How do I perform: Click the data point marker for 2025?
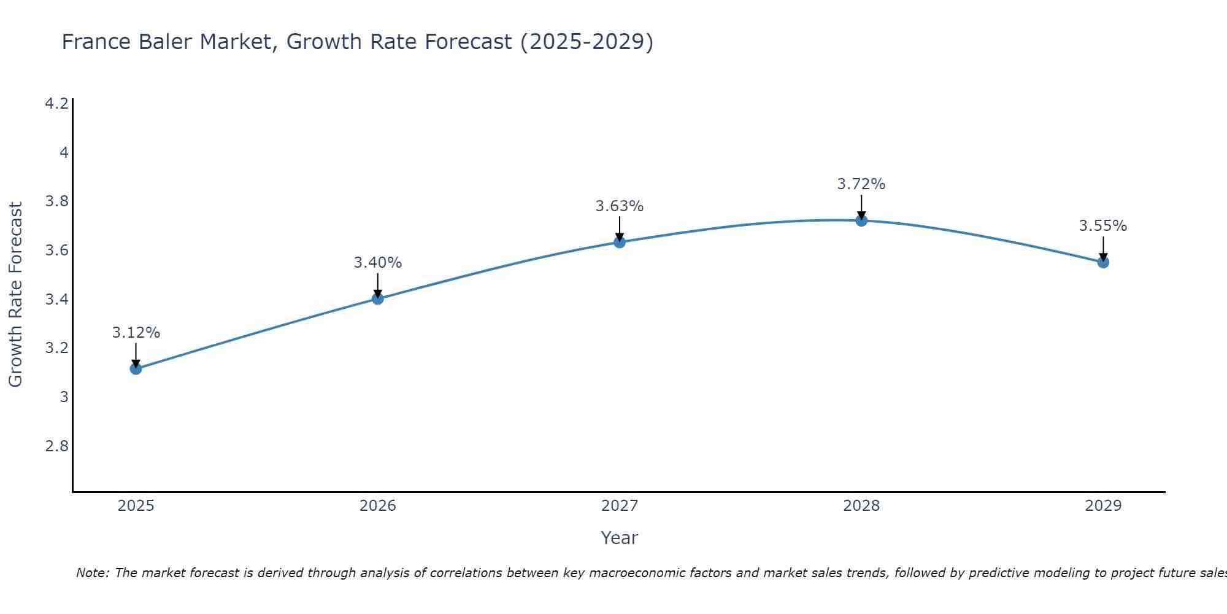coord(136,368)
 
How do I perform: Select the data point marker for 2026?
coord(378,298)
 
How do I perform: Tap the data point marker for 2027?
coord(620,242)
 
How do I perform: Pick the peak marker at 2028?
coord(861,220)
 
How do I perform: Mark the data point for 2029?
coord(1103,262)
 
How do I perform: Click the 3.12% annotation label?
coord(136,333)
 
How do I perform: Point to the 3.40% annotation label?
coord(378,263)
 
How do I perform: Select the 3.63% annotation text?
coord(620,206)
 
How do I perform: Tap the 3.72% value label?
coord(861,184)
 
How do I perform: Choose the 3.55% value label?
coord(1103,226)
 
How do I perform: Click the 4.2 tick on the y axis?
coord(57,104)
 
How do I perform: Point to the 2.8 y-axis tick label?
coord(57,446)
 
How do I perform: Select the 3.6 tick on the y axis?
coord(57,251)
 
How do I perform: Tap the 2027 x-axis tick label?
coord(620,506)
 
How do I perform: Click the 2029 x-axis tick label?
coord(1103,506)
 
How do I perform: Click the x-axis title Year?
coord(620,538)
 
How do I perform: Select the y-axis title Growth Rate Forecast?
coord(15,295)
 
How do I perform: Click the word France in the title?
coord(96,42)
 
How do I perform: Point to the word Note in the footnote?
coord(92,573)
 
